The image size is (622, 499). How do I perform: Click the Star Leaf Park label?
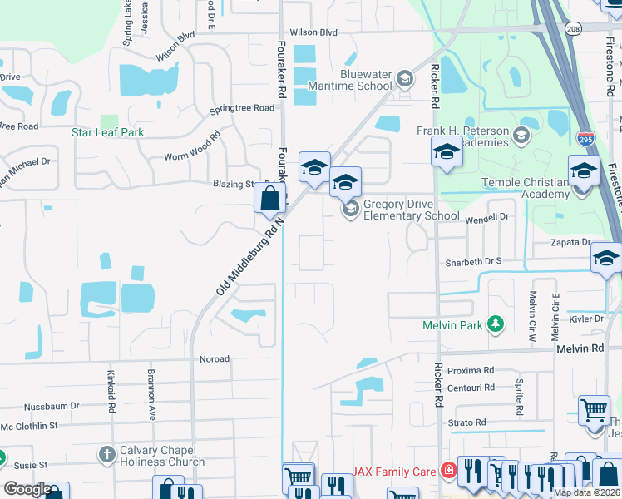click(107, 132)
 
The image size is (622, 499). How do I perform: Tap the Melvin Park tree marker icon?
click(496, 324)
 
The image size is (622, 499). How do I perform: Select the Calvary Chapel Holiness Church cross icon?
click(106, 455)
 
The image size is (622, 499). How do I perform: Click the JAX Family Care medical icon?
click(449, 472)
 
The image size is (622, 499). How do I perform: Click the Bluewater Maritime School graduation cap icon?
click(405, 79)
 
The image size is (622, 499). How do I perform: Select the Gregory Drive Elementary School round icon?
click(351, 208)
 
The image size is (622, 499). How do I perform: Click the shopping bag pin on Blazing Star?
click(270, 200)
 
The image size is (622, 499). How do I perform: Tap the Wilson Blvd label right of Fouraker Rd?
click(313, 32)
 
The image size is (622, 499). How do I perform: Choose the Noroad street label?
click(215, 359)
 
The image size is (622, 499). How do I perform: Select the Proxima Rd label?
click(471, 370)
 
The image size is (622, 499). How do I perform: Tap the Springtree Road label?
click(241, 108)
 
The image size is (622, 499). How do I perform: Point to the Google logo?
click(27, 489)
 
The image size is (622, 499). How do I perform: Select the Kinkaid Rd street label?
click(110, 383)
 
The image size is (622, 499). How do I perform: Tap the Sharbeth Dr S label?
click(473, 260)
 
